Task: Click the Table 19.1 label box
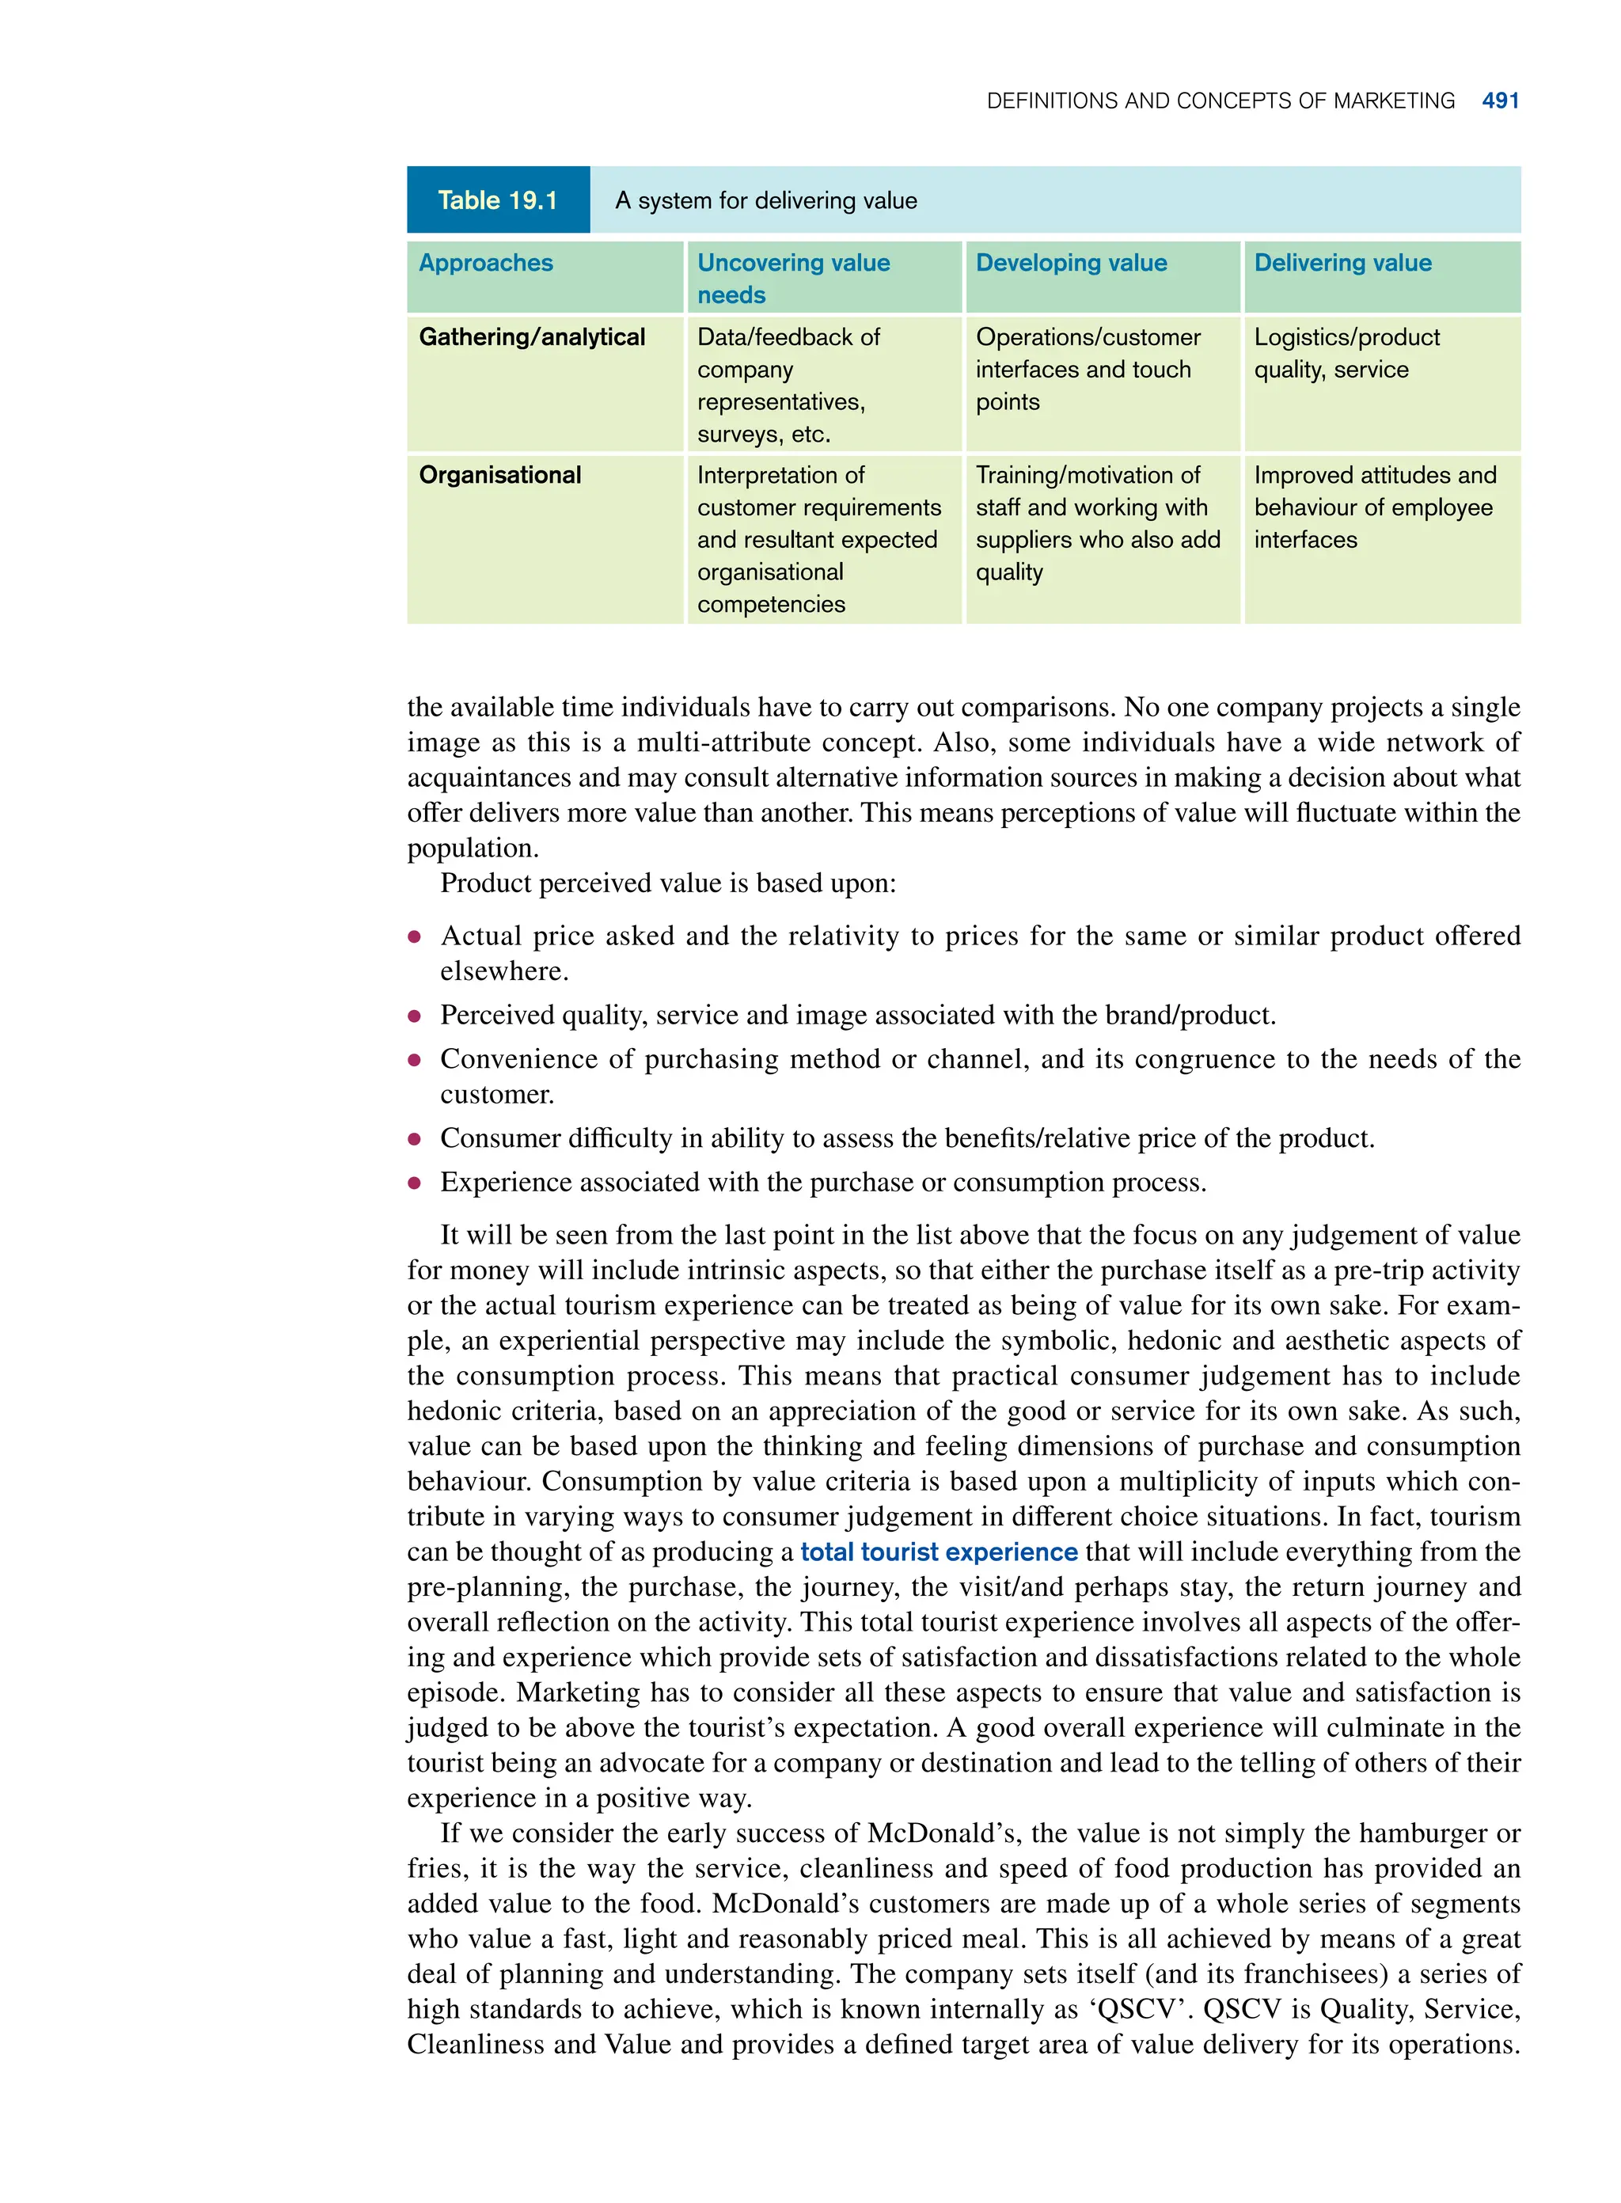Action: [498, 200]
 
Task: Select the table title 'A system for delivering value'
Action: [765, 201]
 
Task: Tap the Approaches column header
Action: [486, 263]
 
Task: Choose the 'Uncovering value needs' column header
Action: [793, 279]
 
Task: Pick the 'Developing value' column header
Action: [1071, 263]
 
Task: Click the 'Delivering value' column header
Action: [1342, 263]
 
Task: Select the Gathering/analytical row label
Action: [532, 337]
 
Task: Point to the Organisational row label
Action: [499, 475]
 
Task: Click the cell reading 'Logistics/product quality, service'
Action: [1346, 353]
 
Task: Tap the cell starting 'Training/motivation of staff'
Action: [1097, 523]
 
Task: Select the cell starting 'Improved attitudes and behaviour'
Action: [1374, 507]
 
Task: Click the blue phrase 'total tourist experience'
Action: [938, 1552]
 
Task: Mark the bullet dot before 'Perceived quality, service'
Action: [415, 1016]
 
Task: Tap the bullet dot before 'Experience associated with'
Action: [415, 1183]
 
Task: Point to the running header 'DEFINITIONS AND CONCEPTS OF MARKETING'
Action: [1220, 101]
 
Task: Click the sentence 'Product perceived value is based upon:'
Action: [667, 883]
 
